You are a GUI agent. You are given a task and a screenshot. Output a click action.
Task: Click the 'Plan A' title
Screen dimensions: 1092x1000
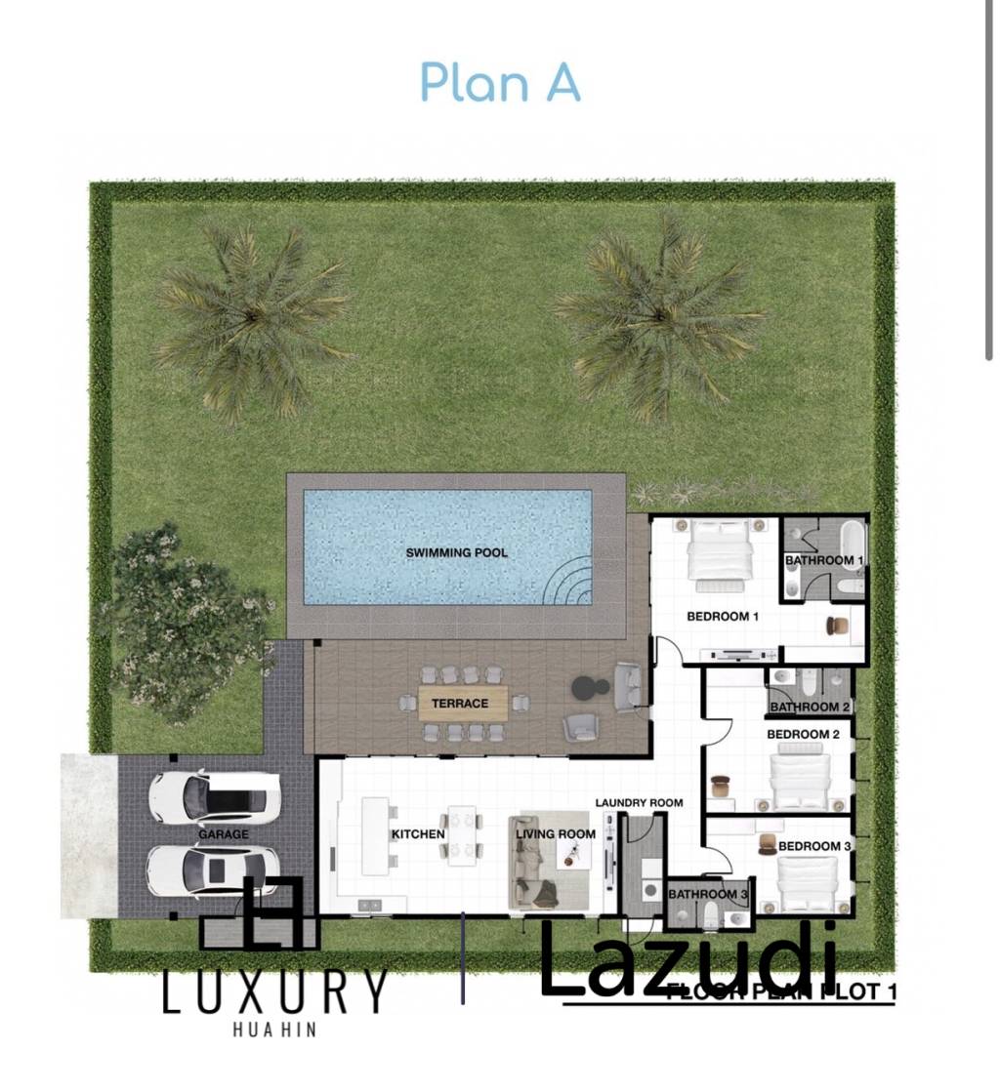[500, 82]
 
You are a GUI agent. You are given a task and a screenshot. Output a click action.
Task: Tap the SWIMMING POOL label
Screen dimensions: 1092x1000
[457, 552]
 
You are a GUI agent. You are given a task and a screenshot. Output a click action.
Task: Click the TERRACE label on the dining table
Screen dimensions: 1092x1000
[463, 703]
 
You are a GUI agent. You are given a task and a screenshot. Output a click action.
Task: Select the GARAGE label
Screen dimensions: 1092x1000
[223, 834]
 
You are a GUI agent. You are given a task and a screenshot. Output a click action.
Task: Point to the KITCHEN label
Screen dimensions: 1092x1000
[418, 834]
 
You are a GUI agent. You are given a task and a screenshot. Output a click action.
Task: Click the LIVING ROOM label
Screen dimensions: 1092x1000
[556, 833]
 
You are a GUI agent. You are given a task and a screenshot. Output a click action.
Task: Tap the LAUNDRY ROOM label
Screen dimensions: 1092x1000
[639, 802]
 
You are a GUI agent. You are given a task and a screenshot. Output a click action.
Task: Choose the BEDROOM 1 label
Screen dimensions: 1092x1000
[723, 616]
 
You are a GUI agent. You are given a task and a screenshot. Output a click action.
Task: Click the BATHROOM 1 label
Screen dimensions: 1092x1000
[824, 560]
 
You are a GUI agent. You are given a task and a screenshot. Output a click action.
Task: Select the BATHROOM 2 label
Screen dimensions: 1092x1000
[811, 707]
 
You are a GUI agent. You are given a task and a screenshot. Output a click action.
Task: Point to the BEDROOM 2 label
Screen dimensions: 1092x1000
[803, 734]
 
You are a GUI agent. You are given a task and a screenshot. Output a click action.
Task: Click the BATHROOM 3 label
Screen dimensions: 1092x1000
[708, 894]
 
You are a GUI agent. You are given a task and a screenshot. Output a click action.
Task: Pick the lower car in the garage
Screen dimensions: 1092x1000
[213, 869]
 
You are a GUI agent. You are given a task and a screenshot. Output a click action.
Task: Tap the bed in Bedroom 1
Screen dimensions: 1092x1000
[720, 553]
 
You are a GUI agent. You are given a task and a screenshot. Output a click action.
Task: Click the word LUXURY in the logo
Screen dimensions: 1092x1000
[274, 992]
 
